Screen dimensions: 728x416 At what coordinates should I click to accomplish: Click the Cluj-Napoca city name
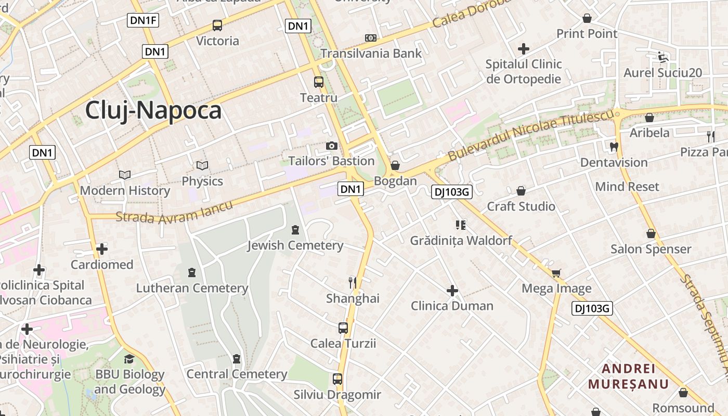tap(153, 111)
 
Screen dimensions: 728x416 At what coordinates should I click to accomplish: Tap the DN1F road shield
tap(143, 21)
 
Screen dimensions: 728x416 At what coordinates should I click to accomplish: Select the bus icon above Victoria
tap(217, 25)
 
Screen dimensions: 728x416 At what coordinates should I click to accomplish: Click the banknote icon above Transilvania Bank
tap(370, 38)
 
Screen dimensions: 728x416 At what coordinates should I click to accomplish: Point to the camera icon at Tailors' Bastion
tap(332, 146)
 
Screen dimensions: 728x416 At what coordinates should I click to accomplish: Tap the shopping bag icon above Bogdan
tap(395, 165)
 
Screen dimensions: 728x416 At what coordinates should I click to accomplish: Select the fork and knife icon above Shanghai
tap(353, 282)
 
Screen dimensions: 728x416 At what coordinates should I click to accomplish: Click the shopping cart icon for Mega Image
tap(556, 273)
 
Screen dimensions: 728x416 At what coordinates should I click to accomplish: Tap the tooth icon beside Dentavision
tap(614, 147)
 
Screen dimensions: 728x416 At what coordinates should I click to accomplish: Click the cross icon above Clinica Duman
tap(452, 290)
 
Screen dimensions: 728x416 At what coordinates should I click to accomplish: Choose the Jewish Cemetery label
tap(295, 245)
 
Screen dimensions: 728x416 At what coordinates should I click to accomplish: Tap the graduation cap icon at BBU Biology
tap(129, 359)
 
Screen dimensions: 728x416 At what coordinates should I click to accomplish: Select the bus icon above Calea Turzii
tap(343, 328)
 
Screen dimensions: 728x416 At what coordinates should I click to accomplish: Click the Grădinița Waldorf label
tap(461, 241)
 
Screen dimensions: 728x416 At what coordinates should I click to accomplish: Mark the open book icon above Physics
tap(202, 166)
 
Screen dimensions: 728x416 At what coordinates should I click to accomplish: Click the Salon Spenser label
tap(651, 249)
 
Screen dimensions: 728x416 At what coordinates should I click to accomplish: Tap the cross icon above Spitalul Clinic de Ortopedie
tap(524, 49)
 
